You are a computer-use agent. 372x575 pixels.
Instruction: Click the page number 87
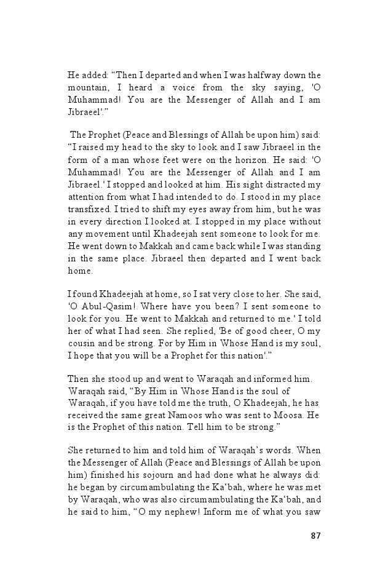tap(315, 535)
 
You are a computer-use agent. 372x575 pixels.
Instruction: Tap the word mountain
tap(87, 87)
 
